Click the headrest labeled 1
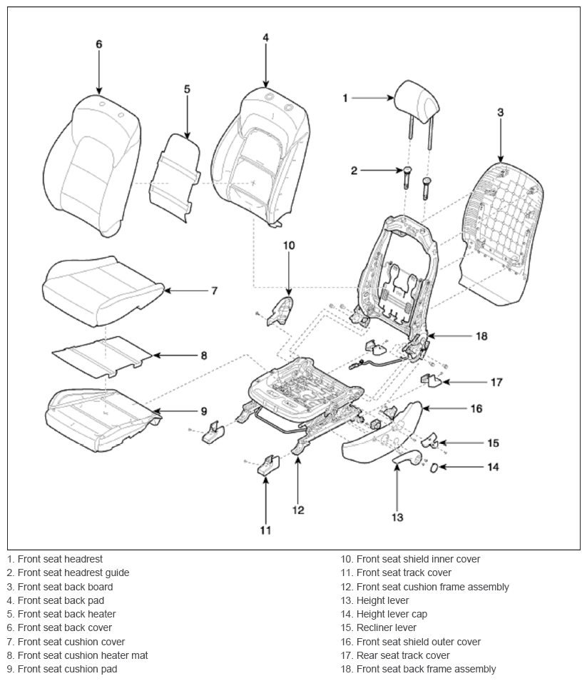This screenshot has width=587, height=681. point(417,103)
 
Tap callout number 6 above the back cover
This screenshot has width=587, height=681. point(99,44)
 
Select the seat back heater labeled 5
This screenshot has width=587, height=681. point(175,177)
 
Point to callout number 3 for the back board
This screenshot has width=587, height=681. point(500,112)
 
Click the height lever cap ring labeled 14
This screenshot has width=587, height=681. point(434,468)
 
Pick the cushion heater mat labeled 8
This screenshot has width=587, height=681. point(103,355)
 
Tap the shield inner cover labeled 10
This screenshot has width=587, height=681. point(281,311)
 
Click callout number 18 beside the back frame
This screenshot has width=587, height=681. point(481,336)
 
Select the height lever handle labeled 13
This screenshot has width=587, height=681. point(407,458)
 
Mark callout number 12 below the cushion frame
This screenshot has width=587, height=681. point(298,510)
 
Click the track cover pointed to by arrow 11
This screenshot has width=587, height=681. point(269,465)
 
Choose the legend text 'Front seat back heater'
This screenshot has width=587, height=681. point(67,614)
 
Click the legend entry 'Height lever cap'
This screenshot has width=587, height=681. point(392,614)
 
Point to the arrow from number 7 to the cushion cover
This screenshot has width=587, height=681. point(185,291)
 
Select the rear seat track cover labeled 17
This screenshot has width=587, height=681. point(430,380)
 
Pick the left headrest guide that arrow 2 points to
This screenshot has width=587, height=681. point(407,177)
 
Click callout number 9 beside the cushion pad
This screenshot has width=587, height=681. point(204,411)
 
